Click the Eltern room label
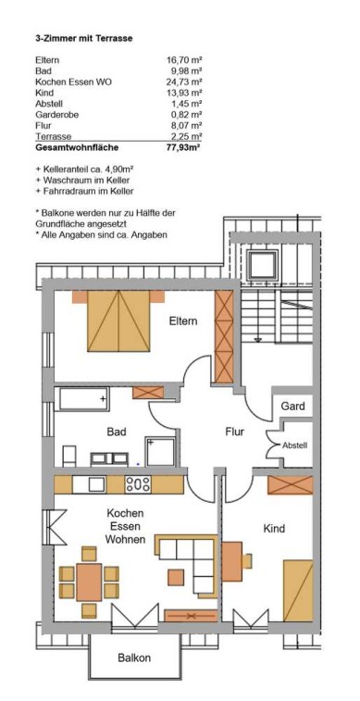[x=183, y=321]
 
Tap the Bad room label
[x=116, y=432]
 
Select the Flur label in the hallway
[x=234, y=432]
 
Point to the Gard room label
[x=293, y=406]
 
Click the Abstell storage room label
[x=295, y=445]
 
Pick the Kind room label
[x=274, y=529]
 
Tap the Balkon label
[x=134, y=657]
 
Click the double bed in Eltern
[x=118, y=320]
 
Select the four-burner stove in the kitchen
[x=138, y=484]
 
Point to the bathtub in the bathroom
[x=81, y=398]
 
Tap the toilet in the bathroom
[x=68, y=456]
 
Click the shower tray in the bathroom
[x=159, y=452]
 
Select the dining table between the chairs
[x=89, y=582]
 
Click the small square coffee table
[x=176, y=577]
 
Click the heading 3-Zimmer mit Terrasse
[x=84, y=39]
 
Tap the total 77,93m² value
[x=181, y=147]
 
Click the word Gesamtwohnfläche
[x=77, y=147]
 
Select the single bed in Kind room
[x=298, y=590]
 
